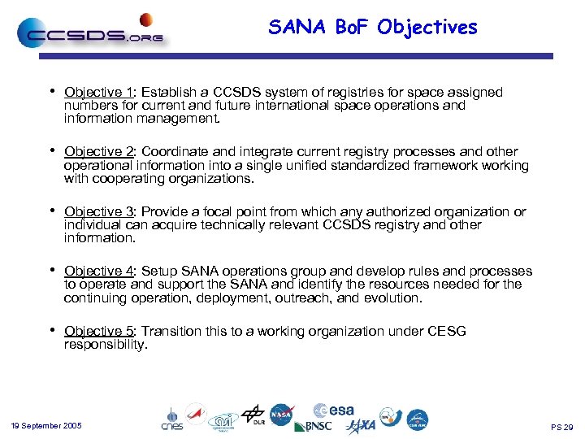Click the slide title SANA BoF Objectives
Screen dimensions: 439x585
click(x=373, y=28)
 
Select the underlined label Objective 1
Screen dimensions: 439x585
click(x=98, y=93)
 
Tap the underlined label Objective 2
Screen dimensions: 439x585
click(x=98, y=152)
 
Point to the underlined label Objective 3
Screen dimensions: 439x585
click(x=98, y=211)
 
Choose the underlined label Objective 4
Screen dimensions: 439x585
click(x=98, y=272)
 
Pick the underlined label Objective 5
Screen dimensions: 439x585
click(x=98, y=331)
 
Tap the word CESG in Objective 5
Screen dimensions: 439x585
click(x=448, y=331)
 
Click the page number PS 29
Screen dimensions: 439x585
click(x=561, y=427)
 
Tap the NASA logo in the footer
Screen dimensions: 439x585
click(x=282, y=415)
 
